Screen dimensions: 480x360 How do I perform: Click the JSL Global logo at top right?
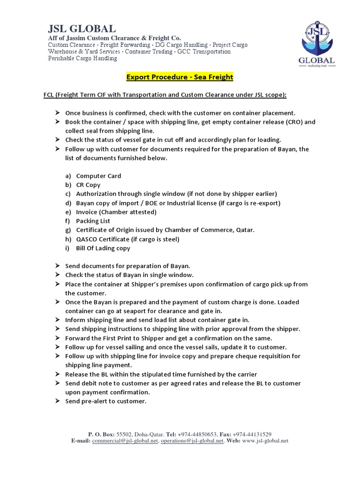[316, 44]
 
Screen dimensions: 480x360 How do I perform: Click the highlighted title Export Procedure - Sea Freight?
[180, 77]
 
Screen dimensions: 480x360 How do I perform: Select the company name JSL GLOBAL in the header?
[82, 28]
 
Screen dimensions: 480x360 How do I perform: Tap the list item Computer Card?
[98, 176]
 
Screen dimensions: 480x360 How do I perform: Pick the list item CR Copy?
[88, 185]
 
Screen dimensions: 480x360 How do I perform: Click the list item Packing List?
[94, 221]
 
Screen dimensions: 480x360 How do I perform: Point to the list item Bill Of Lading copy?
[103, 248]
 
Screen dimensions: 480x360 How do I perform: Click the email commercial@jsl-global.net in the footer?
[125, 441]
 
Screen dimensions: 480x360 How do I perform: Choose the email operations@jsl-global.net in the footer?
[192, 441]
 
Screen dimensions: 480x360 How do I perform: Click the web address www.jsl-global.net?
[265, 441]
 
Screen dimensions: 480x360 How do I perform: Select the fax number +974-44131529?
[252, 435]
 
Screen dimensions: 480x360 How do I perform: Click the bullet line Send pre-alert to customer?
[105, 401]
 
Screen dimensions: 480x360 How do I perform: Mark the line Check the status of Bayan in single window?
[129, 275]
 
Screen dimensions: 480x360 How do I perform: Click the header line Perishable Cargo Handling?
[82, 59]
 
